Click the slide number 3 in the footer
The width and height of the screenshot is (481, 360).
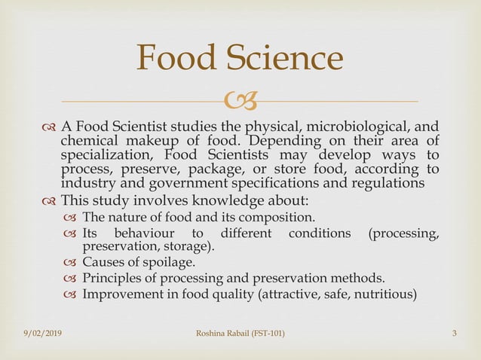coord(455,333)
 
